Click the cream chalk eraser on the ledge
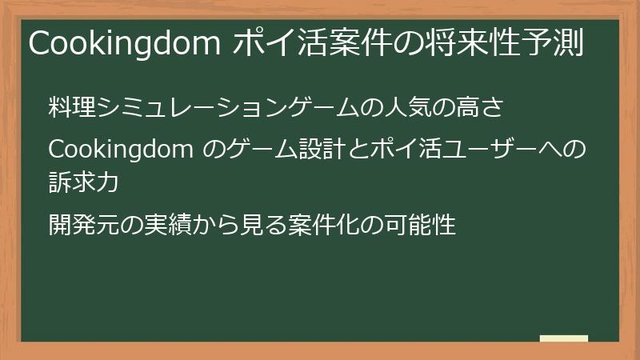click(563, 338)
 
